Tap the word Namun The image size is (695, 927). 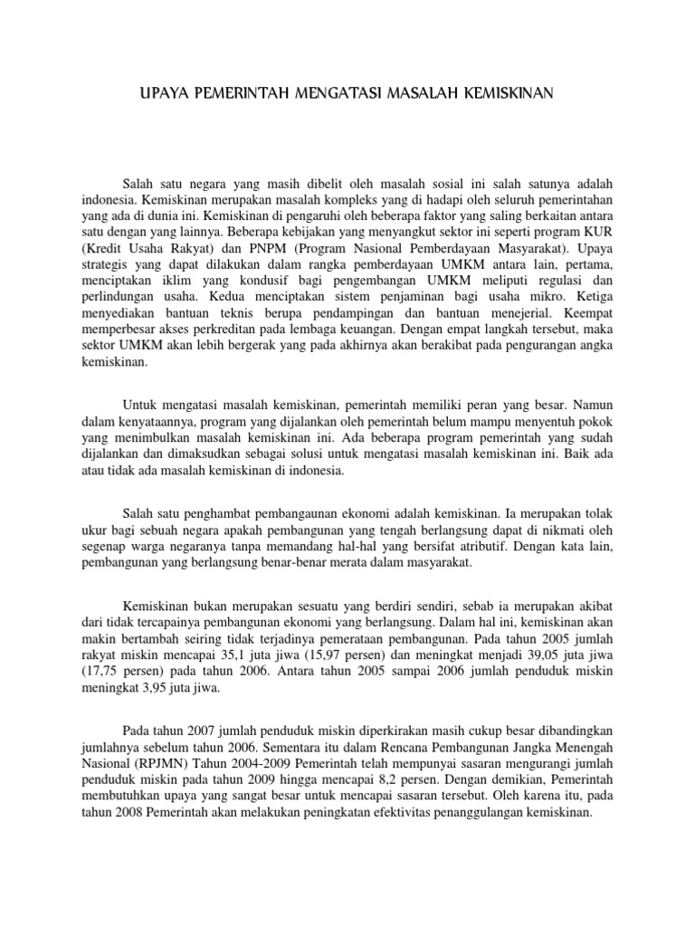(x=569, y=404)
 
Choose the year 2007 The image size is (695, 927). (x=198, y=729)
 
